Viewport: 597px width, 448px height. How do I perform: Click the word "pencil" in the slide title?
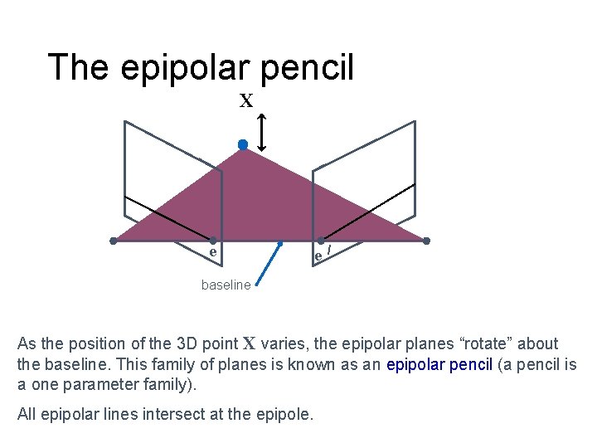click(308, 67)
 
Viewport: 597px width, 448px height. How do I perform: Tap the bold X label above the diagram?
click(246, 101)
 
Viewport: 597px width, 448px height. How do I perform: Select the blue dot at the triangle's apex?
click(243, 145)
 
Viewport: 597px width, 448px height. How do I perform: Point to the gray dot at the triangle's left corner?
click(114, 241)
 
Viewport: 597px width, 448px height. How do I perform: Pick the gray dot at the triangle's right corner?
click(426, 241)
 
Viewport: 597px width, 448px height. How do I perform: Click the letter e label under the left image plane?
click(213, 251)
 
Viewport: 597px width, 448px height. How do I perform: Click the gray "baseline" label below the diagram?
click(226, 285)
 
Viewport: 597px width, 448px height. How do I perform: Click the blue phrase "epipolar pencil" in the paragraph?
click(439, 363)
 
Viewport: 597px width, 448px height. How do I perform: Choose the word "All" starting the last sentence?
click(27, 414)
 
